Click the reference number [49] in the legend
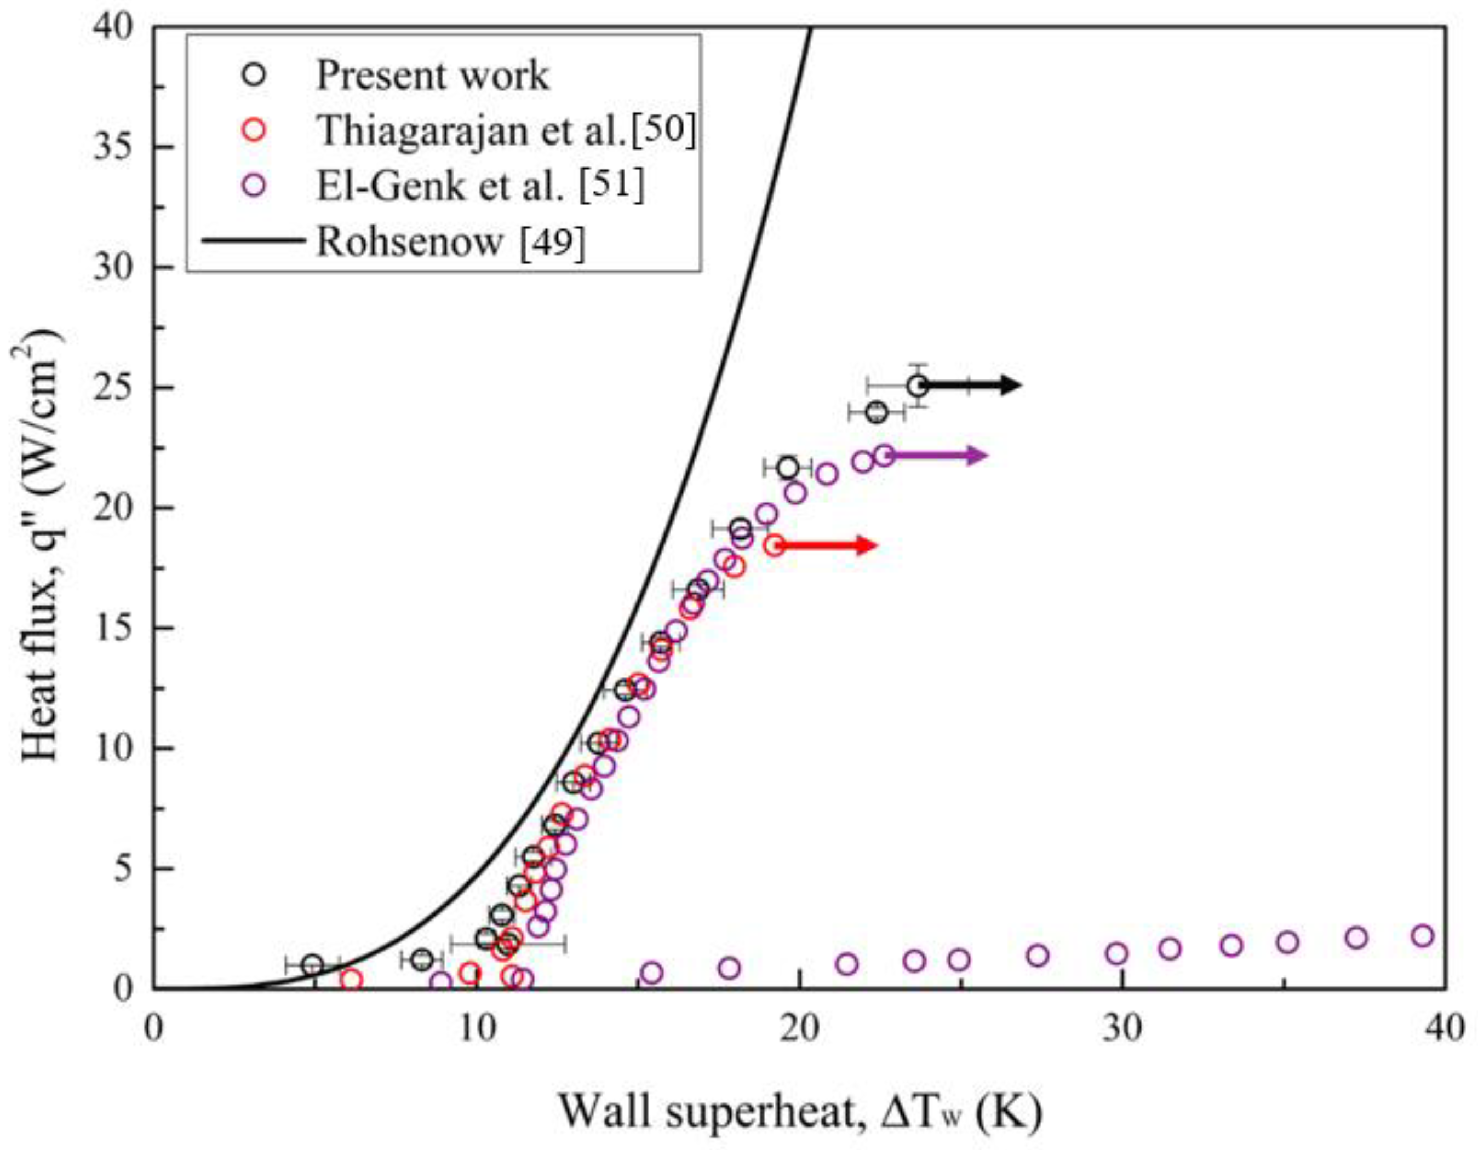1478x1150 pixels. coord(551,241)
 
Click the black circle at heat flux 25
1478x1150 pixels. coord(918,386)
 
